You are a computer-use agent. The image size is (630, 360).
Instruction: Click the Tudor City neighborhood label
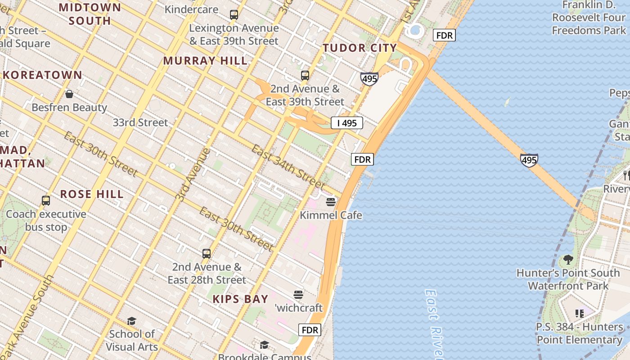(x=360, y=48)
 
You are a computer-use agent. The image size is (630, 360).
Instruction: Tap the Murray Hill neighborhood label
(x=205, y=61)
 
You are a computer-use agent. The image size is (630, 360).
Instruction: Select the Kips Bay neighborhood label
(x=240, y=299)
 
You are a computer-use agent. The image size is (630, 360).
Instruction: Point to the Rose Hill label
(x=92, y=194)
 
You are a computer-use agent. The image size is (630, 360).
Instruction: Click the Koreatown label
(x=43, y=75)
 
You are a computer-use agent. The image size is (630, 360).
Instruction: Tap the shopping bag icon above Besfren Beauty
(x=69, y=94)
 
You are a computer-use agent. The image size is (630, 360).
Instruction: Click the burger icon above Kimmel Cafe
(x=331, y=202)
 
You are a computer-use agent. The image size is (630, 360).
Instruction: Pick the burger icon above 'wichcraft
(x=298, y=295)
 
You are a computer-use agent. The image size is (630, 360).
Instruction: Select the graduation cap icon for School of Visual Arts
(x=131, y=321)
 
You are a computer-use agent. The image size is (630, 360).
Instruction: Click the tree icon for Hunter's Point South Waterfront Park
(x=568, y=260)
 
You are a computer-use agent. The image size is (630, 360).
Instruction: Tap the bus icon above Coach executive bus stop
(x=46, y=201)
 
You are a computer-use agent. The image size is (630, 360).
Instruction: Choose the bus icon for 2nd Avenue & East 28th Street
(x=207, y=254)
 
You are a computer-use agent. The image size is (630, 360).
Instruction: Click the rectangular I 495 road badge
(x=346, y=123)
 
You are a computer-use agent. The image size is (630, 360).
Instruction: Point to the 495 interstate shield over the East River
(x=529, y=160)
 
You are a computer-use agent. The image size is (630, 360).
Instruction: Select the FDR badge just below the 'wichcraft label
(x=310, y=330)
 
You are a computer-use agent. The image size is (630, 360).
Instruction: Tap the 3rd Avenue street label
(x=193, y=175)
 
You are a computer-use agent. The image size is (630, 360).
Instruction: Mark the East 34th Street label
(x=288, y=167)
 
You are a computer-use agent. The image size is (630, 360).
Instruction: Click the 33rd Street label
(x=140, y=122)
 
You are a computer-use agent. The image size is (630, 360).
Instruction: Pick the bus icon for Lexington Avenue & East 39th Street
(x=234, y=15)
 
